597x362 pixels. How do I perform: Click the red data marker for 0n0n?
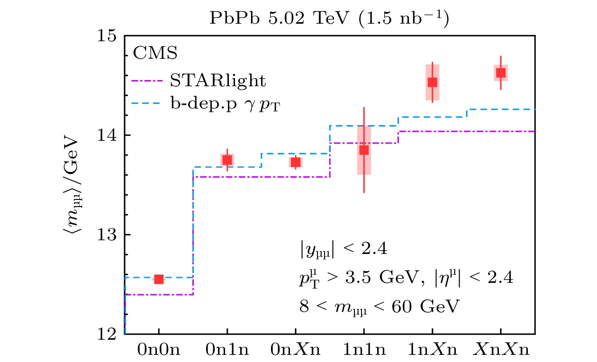point(159,279)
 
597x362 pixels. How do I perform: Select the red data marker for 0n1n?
point(227,160)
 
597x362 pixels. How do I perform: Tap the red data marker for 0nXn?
point(296,163)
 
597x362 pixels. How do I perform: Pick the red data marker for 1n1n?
point(364,150)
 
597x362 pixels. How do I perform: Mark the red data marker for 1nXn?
point(432,82)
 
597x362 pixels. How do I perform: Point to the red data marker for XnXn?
point(501,72)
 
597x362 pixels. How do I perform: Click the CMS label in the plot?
point(155,54)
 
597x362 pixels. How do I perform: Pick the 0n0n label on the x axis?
point(159,351)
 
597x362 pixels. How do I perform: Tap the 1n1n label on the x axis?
point(364,351)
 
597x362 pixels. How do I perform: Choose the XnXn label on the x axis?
point(501,351)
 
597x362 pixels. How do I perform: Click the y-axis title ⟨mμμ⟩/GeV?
point(71,185)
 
